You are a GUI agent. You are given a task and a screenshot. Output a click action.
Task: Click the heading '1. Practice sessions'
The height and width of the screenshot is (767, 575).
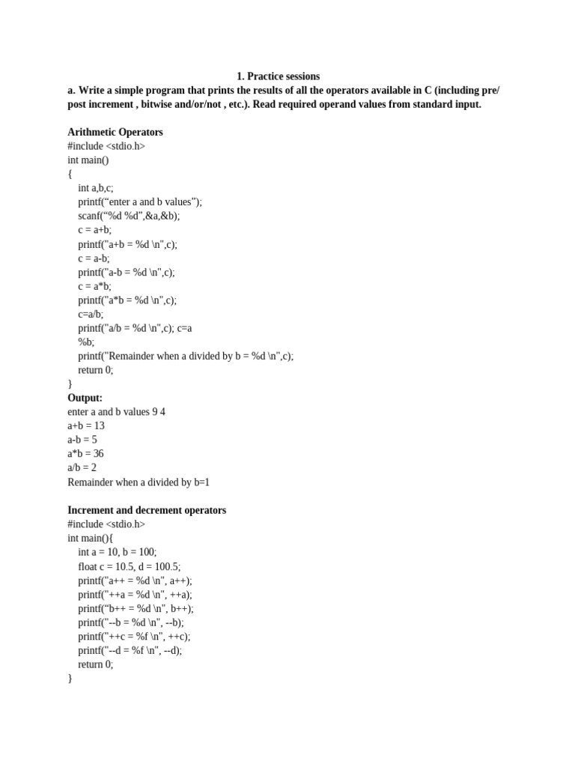[x=278, y=76]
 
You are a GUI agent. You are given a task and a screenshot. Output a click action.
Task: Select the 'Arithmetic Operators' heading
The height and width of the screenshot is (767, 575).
[x=115, y=133]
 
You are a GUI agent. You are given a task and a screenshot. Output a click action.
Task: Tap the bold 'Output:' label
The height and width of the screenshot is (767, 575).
[x=85, y=398]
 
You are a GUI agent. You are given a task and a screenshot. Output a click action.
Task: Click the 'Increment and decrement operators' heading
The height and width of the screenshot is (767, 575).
[x=147, y=510]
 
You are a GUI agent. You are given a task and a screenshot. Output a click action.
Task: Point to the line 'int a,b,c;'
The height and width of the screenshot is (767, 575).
[x=96, y=188]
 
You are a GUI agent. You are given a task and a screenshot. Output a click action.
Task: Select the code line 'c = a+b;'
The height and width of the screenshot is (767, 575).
[x=94, y=230]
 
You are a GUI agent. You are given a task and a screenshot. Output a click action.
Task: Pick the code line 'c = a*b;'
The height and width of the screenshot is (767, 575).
[x=94, y=286]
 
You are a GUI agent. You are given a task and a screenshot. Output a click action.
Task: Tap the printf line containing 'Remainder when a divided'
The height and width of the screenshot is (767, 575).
[x=186, y=356]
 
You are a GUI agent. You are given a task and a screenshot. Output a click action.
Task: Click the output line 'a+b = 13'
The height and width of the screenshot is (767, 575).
[x=86, y=425]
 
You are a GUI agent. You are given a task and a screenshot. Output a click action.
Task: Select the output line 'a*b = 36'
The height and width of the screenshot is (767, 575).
[x=86, y=454]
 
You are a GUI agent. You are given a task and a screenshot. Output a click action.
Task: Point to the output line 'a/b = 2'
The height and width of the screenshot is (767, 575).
[x=82, y=467]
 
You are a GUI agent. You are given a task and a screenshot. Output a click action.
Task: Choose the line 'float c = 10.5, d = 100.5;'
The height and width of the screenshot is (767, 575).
[x=130, y=566]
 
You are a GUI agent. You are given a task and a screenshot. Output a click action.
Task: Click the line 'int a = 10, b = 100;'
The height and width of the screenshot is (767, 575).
[x=118, y=552]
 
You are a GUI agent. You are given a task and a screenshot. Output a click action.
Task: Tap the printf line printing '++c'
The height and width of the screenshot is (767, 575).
[x=134, y=636]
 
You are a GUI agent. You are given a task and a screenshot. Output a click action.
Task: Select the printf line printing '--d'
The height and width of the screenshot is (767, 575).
[x=130, y=650]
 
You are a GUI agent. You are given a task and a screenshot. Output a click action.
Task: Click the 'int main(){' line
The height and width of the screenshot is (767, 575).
[x=93, y=538]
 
